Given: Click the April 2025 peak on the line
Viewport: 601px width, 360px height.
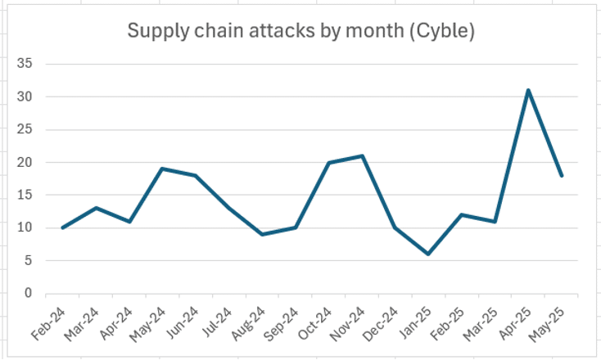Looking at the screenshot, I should point(528,90).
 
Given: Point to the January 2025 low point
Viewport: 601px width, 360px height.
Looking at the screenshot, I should point(428,254).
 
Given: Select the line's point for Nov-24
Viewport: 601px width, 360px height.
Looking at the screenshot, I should point(362,155).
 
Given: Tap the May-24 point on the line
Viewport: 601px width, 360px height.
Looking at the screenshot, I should point(162,169).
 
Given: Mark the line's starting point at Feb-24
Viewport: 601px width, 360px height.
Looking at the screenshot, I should point(62,227).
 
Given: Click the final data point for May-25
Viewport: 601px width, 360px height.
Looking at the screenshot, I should point(562,175).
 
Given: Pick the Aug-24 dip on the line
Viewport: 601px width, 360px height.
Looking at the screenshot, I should point(262,234).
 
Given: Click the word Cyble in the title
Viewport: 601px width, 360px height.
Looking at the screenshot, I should point(443,32).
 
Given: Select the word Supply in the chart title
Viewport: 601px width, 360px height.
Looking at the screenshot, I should point(155,32).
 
